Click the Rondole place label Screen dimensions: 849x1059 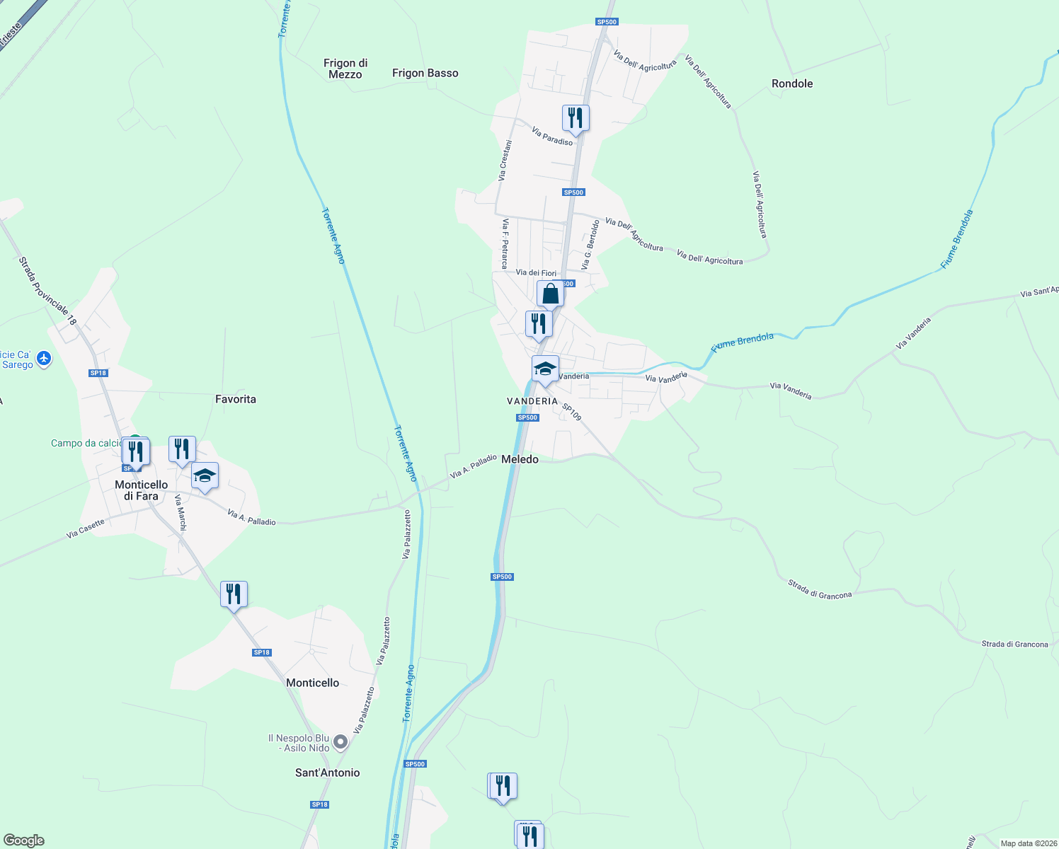(792, 83)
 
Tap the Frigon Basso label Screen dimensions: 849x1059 (425, 73)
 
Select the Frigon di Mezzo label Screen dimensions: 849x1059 (345, 69)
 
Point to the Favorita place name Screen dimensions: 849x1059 (236, 399)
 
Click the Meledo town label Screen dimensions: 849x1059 (520, 459)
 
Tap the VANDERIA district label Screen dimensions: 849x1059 (532, 401)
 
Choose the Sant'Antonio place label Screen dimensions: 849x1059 (327, 773)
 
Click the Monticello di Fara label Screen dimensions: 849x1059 (142, 490)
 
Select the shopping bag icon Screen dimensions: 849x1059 (550, 294)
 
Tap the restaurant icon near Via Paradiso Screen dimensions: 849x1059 (576, 117)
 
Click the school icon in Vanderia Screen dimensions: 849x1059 (545, 369)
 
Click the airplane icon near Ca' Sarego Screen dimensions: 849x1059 (44, 359)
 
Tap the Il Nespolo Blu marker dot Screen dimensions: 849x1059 (340, 742)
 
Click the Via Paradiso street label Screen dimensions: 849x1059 (552, 137)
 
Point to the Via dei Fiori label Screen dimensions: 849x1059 (536, 272)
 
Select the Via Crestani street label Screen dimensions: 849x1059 (505, 161)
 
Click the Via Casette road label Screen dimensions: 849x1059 (86, 529)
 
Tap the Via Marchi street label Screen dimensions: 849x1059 (181, 513)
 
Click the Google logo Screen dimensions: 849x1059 (23, 841)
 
